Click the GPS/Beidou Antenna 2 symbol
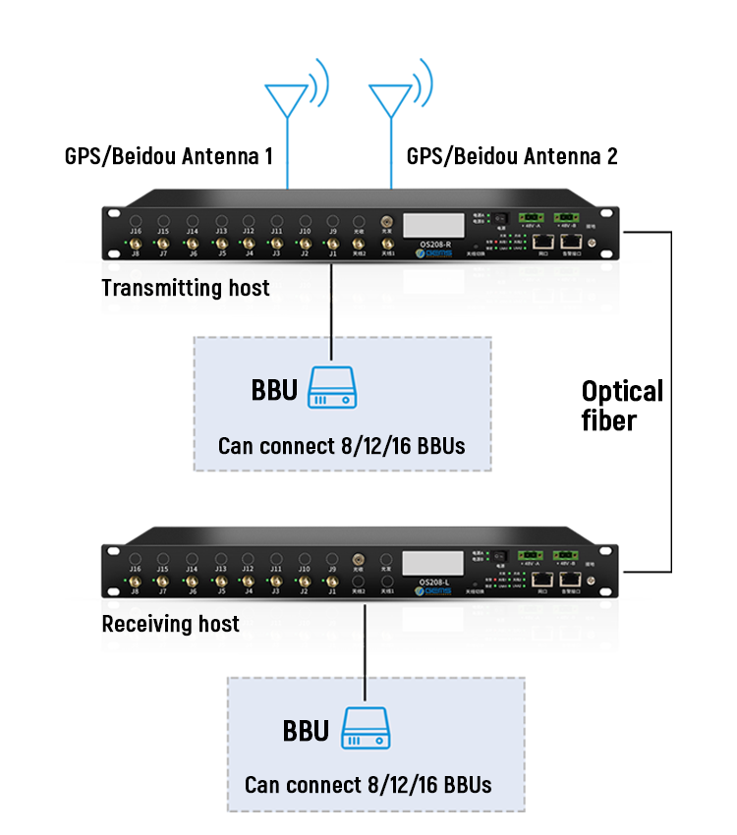[390, 99]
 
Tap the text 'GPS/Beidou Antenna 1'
[168, 156]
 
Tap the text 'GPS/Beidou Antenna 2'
[512, 156]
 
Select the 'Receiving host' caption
[171, 624]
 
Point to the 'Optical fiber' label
[622, 406]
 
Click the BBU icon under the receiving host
[365, 730]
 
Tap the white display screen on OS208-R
[433, 225]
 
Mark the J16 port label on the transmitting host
[136, 232]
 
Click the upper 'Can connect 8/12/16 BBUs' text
[341, 446]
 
